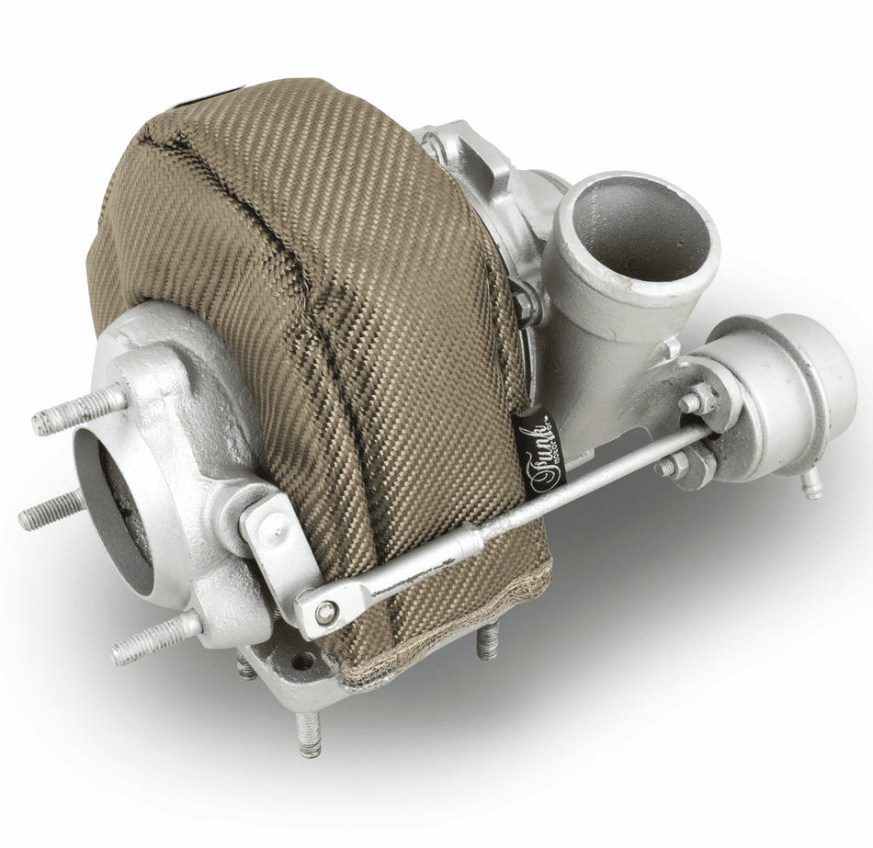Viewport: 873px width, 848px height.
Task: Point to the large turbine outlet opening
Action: (115, 514)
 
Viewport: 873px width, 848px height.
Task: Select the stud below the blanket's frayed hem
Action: (487, 640)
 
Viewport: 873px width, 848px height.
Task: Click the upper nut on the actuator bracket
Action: (700, 401)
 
